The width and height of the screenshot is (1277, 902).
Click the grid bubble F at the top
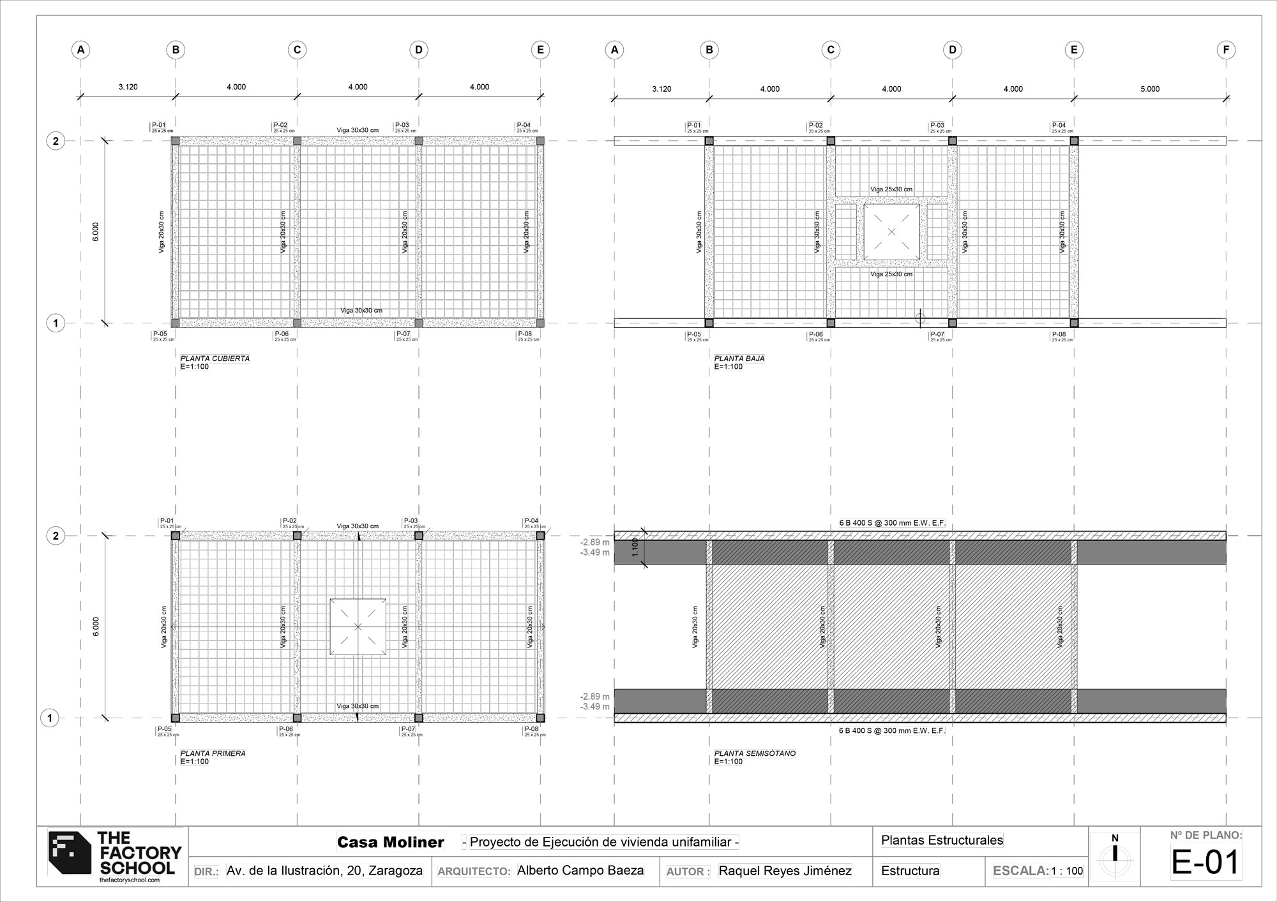[1226, 50]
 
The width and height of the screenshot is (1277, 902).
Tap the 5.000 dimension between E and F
[1150, 89]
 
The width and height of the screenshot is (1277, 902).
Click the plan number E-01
[1205, 862]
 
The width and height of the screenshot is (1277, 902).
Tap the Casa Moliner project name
[390, 842]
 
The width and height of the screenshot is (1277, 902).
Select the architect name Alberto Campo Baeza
[580, 871]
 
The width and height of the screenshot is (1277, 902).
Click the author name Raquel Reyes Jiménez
[785, 871]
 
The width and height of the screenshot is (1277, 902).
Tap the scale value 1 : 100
[1067, 871]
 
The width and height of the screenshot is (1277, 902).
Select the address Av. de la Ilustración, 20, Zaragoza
[324, 871]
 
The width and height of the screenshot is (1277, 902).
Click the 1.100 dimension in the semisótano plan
[635, 547]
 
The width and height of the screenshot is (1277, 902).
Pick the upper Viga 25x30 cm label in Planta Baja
[891, 189]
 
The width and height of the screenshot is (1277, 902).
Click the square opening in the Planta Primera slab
[358, 626]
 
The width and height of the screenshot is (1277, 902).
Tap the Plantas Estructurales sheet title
[942, 840]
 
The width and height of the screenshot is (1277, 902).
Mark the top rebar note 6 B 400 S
[891, 523]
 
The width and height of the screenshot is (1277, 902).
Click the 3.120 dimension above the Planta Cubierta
[128, 87]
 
